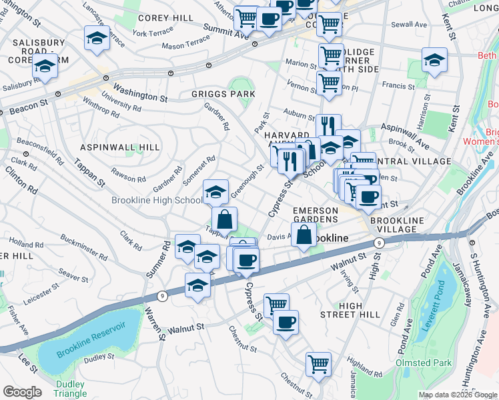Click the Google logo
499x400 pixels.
22,392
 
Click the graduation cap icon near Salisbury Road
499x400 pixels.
45,67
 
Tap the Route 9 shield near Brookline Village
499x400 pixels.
378,243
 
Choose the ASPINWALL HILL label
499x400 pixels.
119,147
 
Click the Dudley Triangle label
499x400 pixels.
70,389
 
